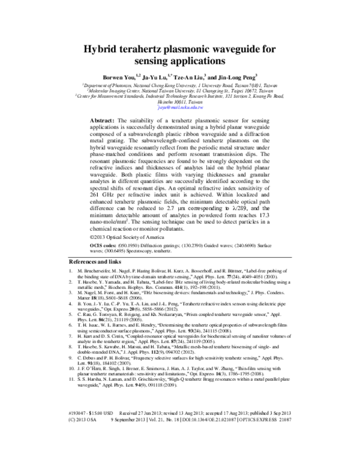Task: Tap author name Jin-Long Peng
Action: tap(237, 77)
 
